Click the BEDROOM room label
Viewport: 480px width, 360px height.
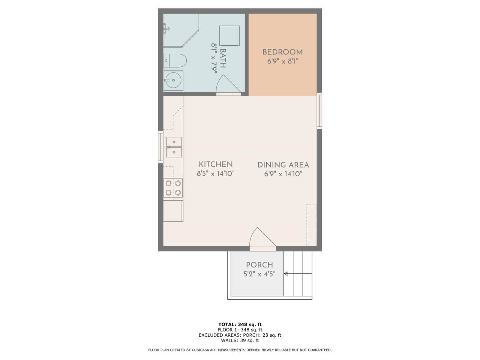(x=282, y=52)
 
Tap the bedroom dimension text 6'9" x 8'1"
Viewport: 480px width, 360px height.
(x=282, y=61)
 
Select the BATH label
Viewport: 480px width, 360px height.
(x=223, y=58)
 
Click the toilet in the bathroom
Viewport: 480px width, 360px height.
(x=175, y=60)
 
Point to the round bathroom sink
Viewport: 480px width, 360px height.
(x=173, y=80)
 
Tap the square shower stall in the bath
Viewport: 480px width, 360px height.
(x=229, y=36)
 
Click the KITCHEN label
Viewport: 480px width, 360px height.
(x=215, y=164)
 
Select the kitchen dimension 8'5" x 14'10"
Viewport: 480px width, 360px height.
(x=215, y=174)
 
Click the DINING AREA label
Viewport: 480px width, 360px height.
(x=283, y=165)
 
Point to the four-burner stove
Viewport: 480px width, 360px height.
(x=173, y=188)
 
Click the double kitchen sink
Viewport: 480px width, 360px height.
(x=174, y=147)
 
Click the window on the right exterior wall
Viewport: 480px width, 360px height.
(x=319, y=111)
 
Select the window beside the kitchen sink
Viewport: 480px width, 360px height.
(x=160, y=147)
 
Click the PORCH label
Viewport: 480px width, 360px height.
(x=259, y=265)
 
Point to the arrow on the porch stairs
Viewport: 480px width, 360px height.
(x=298, y=273)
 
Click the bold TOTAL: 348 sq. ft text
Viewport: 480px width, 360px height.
(x=240, y=324)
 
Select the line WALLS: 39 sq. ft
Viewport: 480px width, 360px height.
(x=240, y=340)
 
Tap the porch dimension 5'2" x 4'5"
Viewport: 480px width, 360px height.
(x=259, y=274)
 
